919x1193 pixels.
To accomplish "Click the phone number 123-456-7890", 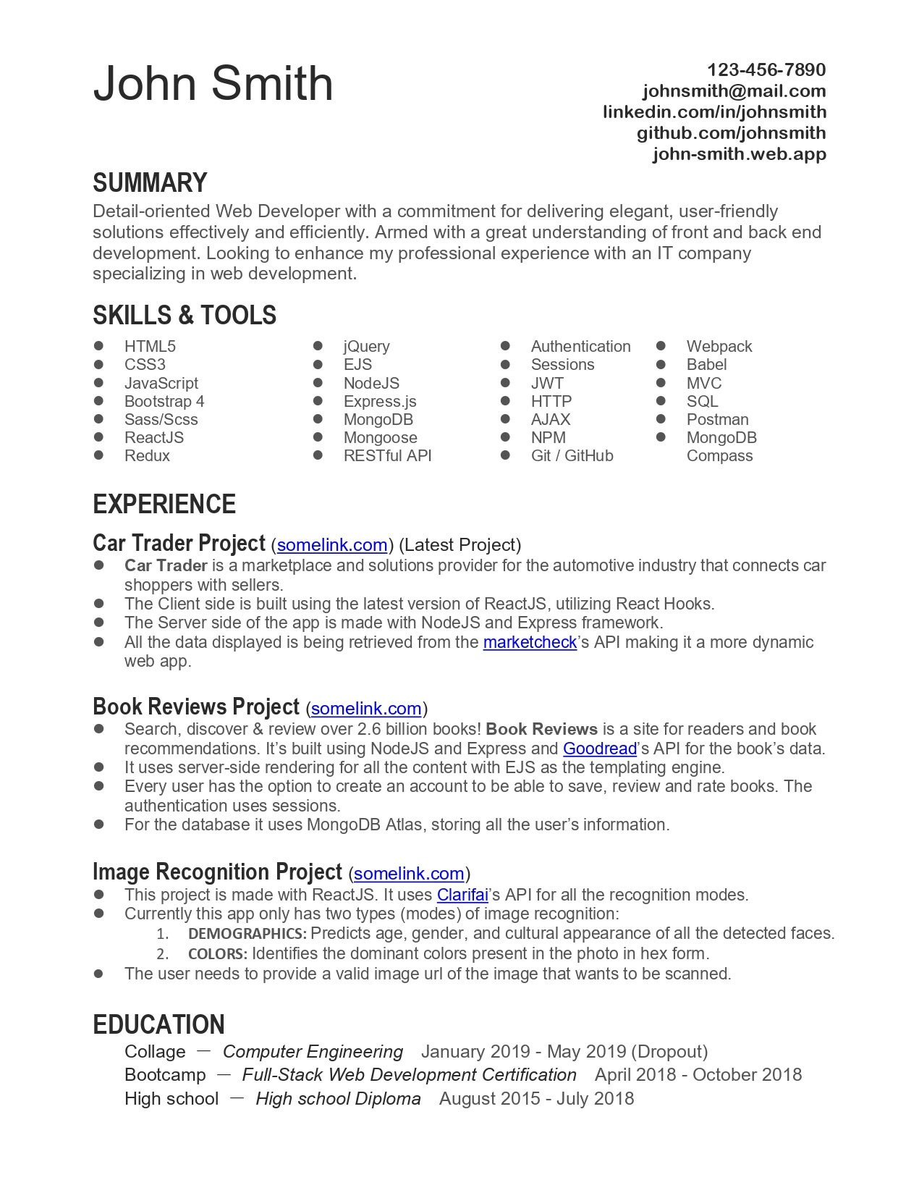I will (x=766, y=70).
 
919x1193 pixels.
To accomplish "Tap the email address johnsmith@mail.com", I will (x=734, y=91).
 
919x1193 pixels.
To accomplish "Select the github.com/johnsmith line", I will (x=731, y=133).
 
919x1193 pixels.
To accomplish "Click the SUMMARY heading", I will (x=150, y=183).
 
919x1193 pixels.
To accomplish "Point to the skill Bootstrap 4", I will (x=164, y=402).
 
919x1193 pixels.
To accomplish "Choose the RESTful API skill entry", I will (x=387, y=456).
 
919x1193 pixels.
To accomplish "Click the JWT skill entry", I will (x=547, y=384).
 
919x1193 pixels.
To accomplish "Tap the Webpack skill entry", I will (x=719, y=347).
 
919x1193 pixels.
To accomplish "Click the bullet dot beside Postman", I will (x=661, y=419).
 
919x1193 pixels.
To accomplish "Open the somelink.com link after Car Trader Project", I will (x=332, y=545).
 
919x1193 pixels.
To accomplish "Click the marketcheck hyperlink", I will (x=530, y=643).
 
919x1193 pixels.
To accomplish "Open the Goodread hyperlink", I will (x=599, y=749).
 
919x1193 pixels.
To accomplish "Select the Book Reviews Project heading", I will (x=196, y=707).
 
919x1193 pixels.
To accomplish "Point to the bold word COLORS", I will (x=217, y=954).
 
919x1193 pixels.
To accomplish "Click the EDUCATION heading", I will (x=158, y=1025).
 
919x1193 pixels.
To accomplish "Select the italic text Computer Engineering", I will (x=313, y=1052).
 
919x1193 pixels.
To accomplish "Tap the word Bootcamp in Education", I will (x=165, y=1075).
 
